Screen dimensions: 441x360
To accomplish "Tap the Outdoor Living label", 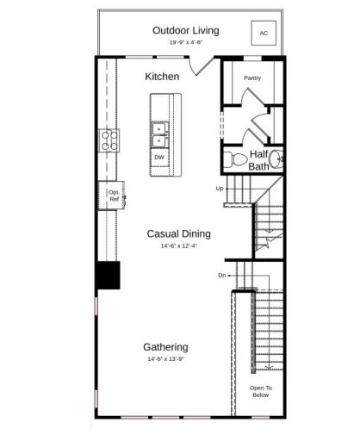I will click(185, 30).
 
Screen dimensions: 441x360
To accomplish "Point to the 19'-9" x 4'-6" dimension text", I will click(185, 41).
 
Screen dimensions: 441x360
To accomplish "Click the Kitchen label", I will click(162, 77).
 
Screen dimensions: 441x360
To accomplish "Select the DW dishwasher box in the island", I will click(159, 158).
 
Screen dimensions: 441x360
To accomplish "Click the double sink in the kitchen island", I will click(159, 134).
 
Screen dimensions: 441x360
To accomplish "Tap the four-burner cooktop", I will click(109, 140).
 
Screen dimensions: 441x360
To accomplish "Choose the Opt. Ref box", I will click(114, 196).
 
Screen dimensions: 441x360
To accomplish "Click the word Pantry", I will click(251, 78).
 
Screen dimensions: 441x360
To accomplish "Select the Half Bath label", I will click(258, 160).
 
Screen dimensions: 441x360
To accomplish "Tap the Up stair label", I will click(220, 188).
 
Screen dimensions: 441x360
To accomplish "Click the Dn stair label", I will click(221, 275).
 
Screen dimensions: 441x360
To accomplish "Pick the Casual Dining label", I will click(178, 233).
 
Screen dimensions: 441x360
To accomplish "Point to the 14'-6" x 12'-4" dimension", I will click(178, 246).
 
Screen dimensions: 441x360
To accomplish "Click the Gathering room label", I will click(165, 347).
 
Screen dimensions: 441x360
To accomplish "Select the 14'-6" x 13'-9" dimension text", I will click(165, 360).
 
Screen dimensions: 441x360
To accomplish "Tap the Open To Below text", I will click(260, 391).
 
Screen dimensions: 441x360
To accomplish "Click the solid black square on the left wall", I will click(107, 276).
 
